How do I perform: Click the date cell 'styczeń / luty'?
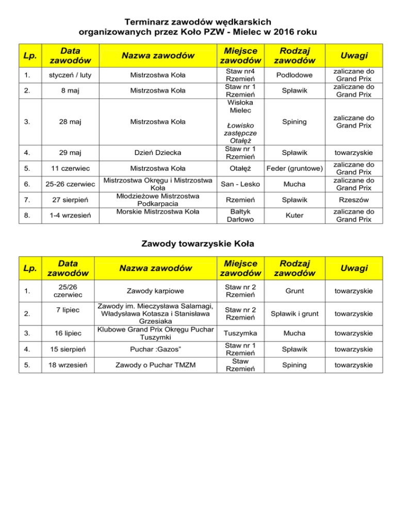(x=67, y=76)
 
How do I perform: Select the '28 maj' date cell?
(x=67, y=122)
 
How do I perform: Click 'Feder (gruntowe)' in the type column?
(x=294, y=168)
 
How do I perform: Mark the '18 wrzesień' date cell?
(x=67, y=365)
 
